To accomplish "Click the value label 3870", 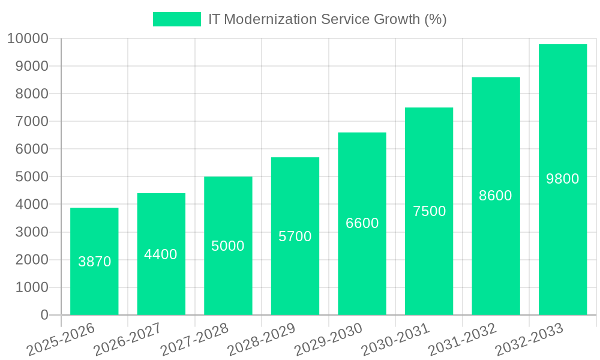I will point(95,262).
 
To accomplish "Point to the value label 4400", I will point(161,254).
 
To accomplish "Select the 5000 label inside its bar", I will point(228,246).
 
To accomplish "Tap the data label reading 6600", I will point(362,223).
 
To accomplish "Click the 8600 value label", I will point(496,196).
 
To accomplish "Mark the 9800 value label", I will point(562,179).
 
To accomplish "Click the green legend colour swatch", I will point(177,19).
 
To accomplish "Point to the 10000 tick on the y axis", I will point(28,38).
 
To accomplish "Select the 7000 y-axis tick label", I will point(31,121).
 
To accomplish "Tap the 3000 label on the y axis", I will point(31,232).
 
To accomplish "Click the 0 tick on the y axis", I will point(44,315).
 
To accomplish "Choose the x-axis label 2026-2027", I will point(127,340).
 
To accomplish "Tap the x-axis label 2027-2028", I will point(194,340).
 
